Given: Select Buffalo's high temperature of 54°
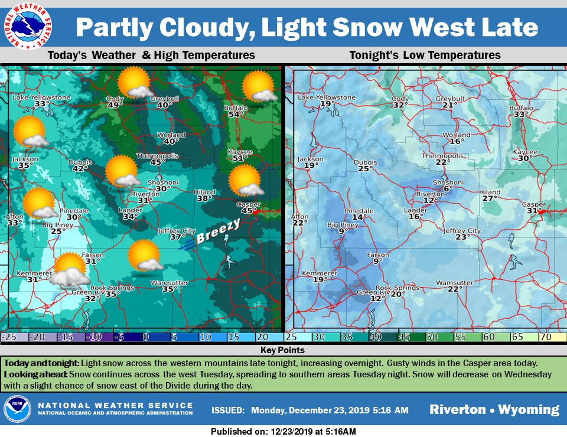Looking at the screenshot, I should (236, 114).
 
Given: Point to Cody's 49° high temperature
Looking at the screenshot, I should (115, 106).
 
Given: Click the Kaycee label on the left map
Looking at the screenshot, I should (240, 152).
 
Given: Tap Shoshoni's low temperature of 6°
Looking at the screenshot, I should (447, 189).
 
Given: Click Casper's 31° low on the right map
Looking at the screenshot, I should (534, 211).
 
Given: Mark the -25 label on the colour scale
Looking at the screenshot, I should (9, 337).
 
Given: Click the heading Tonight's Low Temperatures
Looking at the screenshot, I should (425, 56).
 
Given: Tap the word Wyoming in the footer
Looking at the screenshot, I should (529, 410).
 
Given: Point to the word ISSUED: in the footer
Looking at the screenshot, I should (227, 410).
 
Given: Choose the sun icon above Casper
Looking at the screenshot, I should (245, 180).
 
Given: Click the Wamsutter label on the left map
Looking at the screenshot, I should (169, 282).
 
